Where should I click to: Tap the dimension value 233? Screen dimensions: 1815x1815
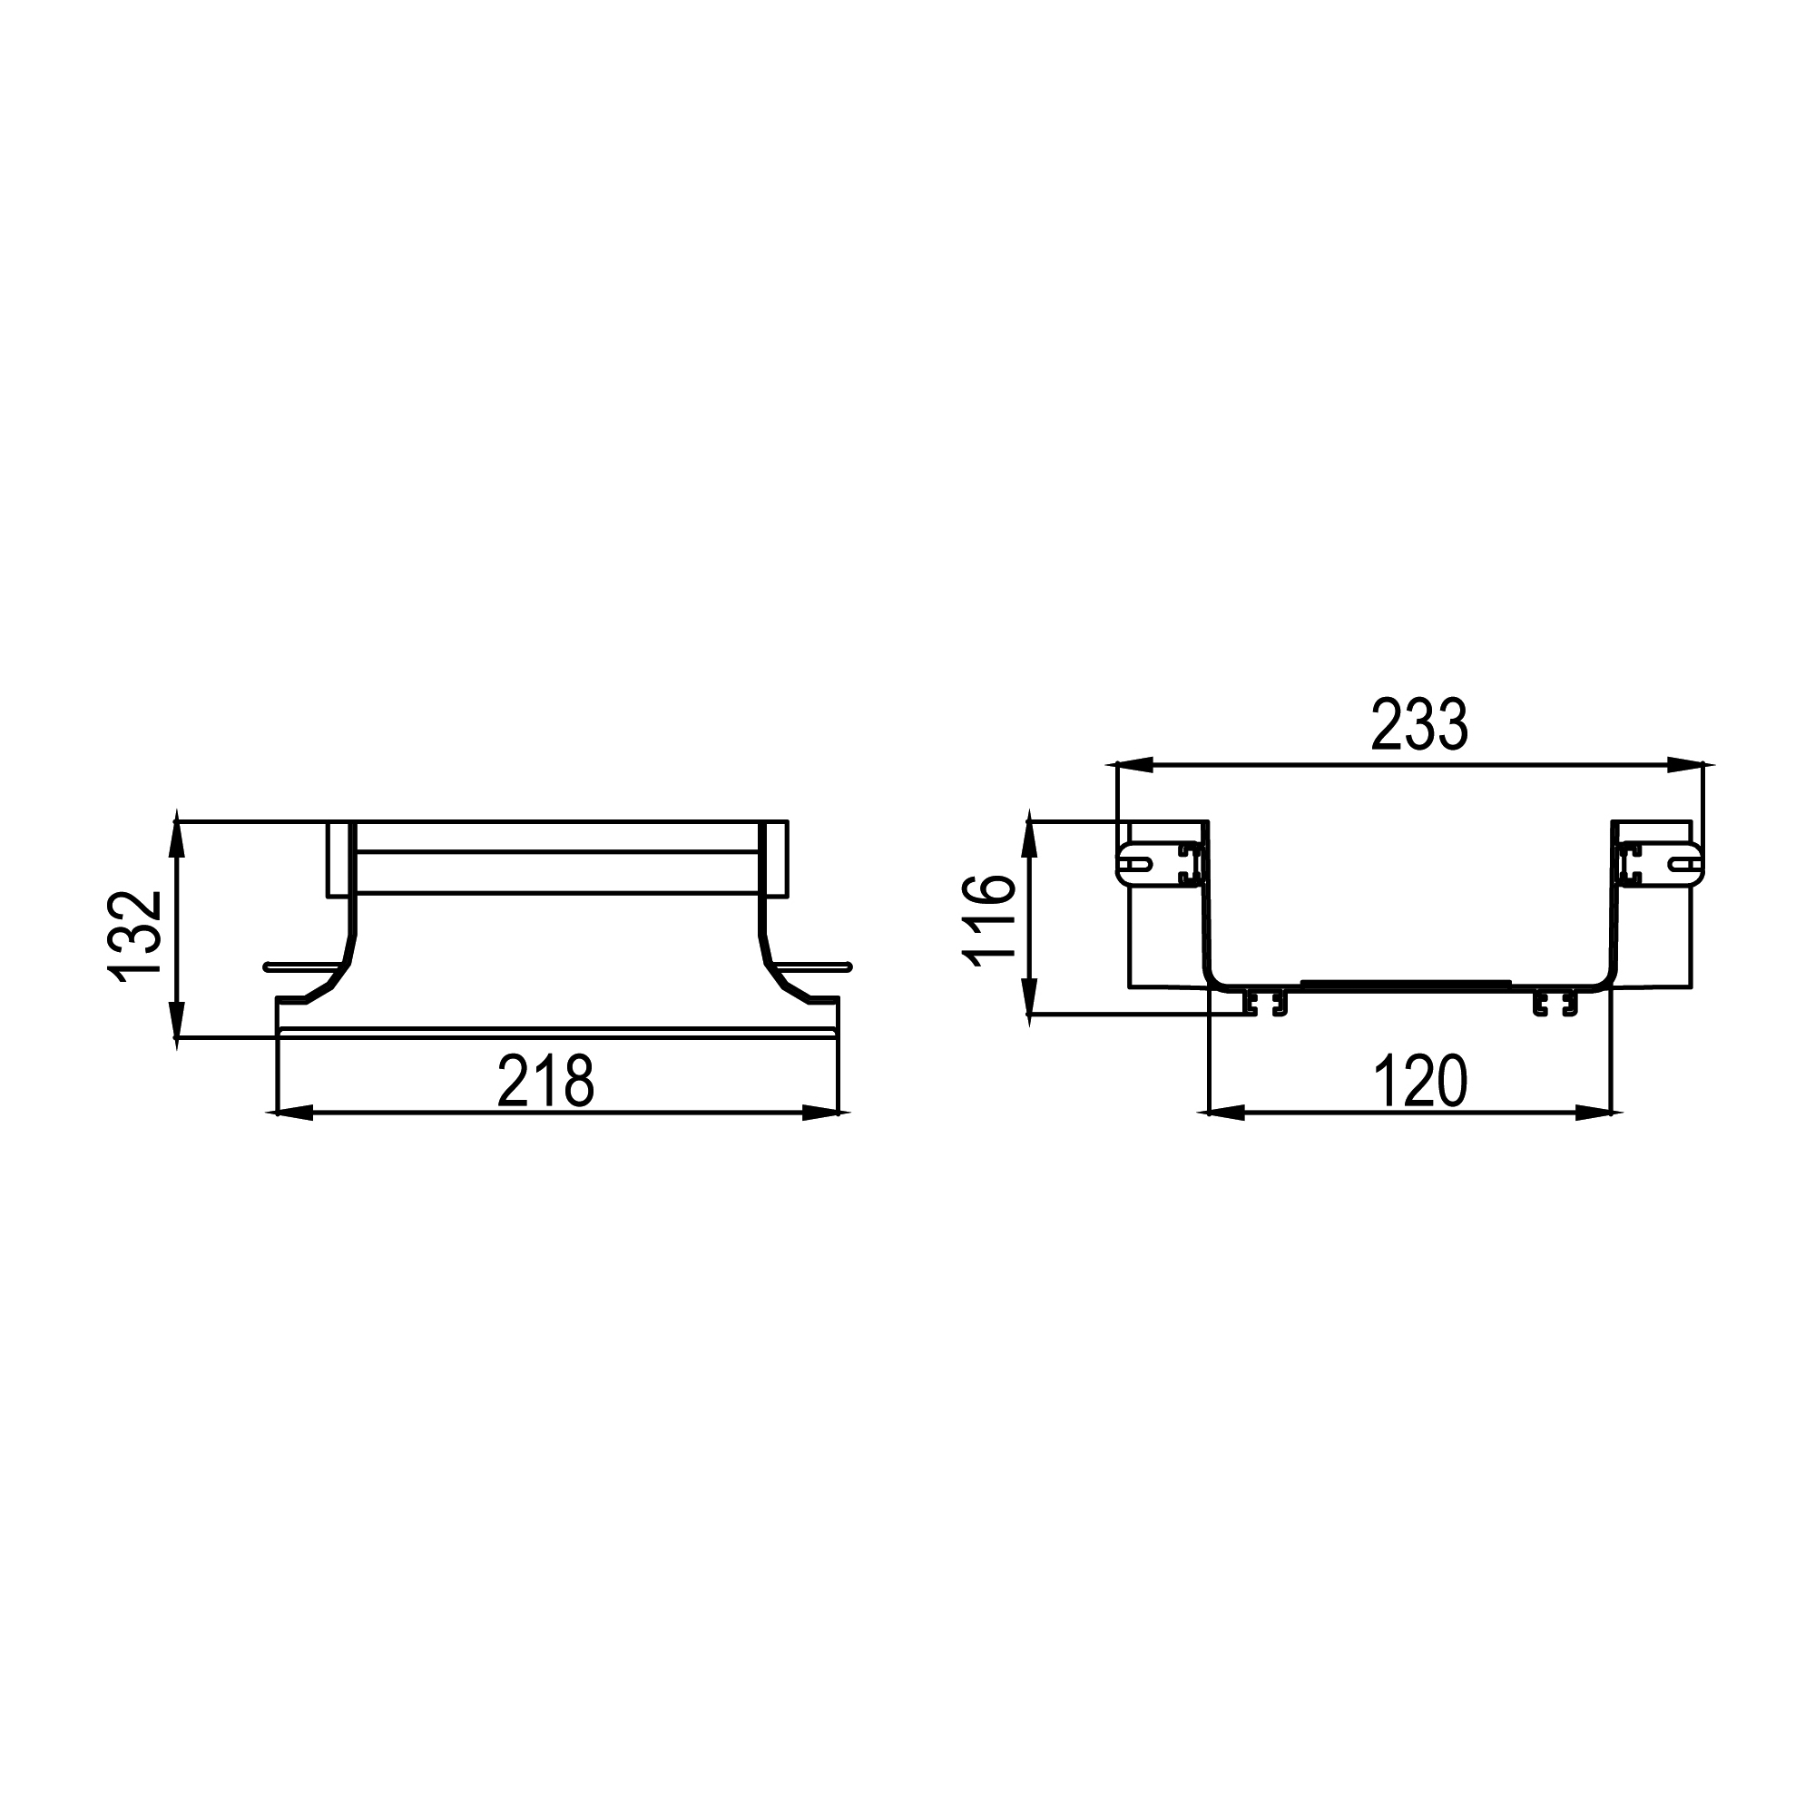(1418, 724)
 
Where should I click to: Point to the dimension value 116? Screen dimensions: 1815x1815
(988, 919)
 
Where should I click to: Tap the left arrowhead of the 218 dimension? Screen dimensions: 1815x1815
(294, 1114)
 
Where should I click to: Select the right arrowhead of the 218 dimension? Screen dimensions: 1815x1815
(820, 1114)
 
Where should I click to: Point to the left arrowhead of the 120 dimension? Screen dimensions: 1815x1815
(1226, 1114)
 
